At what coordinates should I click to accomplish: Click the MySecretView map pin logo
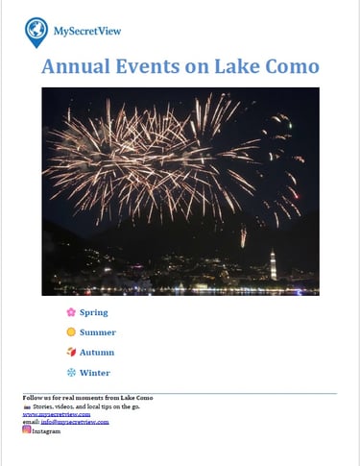(x=36, y=31)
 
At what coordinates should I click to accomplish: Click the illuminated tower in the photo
(x=273, y=264)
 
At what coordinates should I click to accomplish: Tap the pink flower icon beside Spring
(x=70, y=312)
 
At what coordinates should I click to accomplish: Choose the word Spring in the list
(x=94, y=312)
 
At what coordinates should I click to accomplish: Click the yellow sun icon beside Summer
(x=70, y=332)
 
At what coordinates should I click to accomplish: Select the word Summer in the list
(x=98, y=332)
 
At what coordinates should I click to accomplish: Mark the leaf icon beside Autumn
(x=70, y=353)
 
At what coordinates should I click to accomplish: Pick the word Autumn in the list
(x=97, y=353)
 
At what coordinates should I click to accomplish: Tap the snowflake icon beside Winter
(x=70, y=373)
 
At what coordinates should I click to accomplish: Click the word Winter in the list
(x=95, y=373)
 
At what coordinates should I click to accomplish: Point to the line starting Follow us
(x=86, y=398)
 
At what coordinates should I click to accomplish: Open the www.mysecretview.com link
(x=49, y=414)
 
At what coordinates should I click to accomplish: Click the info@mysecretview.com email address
(x=75, y=422)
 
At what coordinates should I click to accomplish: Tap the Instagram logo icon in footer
(x=27, y=429)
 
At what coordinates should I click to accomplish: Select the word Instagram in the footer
(x=46, y=431)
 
